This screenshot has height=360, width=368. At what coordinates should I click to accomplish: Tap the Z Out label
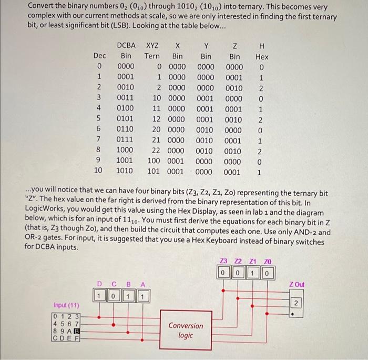point(297,285)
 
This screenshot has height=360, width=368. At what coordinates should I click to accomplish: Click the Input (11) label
point(67,305)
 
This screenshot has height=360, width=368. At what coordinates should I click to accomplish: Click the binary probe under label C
point(110,297)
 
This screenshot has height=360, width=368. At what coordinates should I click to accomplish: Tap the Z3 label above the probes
point(224,262)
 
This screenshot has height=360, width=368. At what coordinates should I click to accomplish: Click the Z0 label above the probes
point(269,262)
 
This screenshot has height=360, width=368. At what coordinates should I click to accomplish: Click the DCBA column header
point(126,45)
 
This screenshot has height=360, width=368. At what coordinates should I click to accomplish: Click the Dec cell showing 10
point(98,172)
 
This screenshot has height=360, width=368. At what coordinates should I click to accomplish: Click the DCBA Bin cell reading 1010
point(126,172)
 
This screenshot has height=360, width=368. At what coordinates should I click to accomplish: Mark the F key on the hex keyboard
point(77,339)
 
